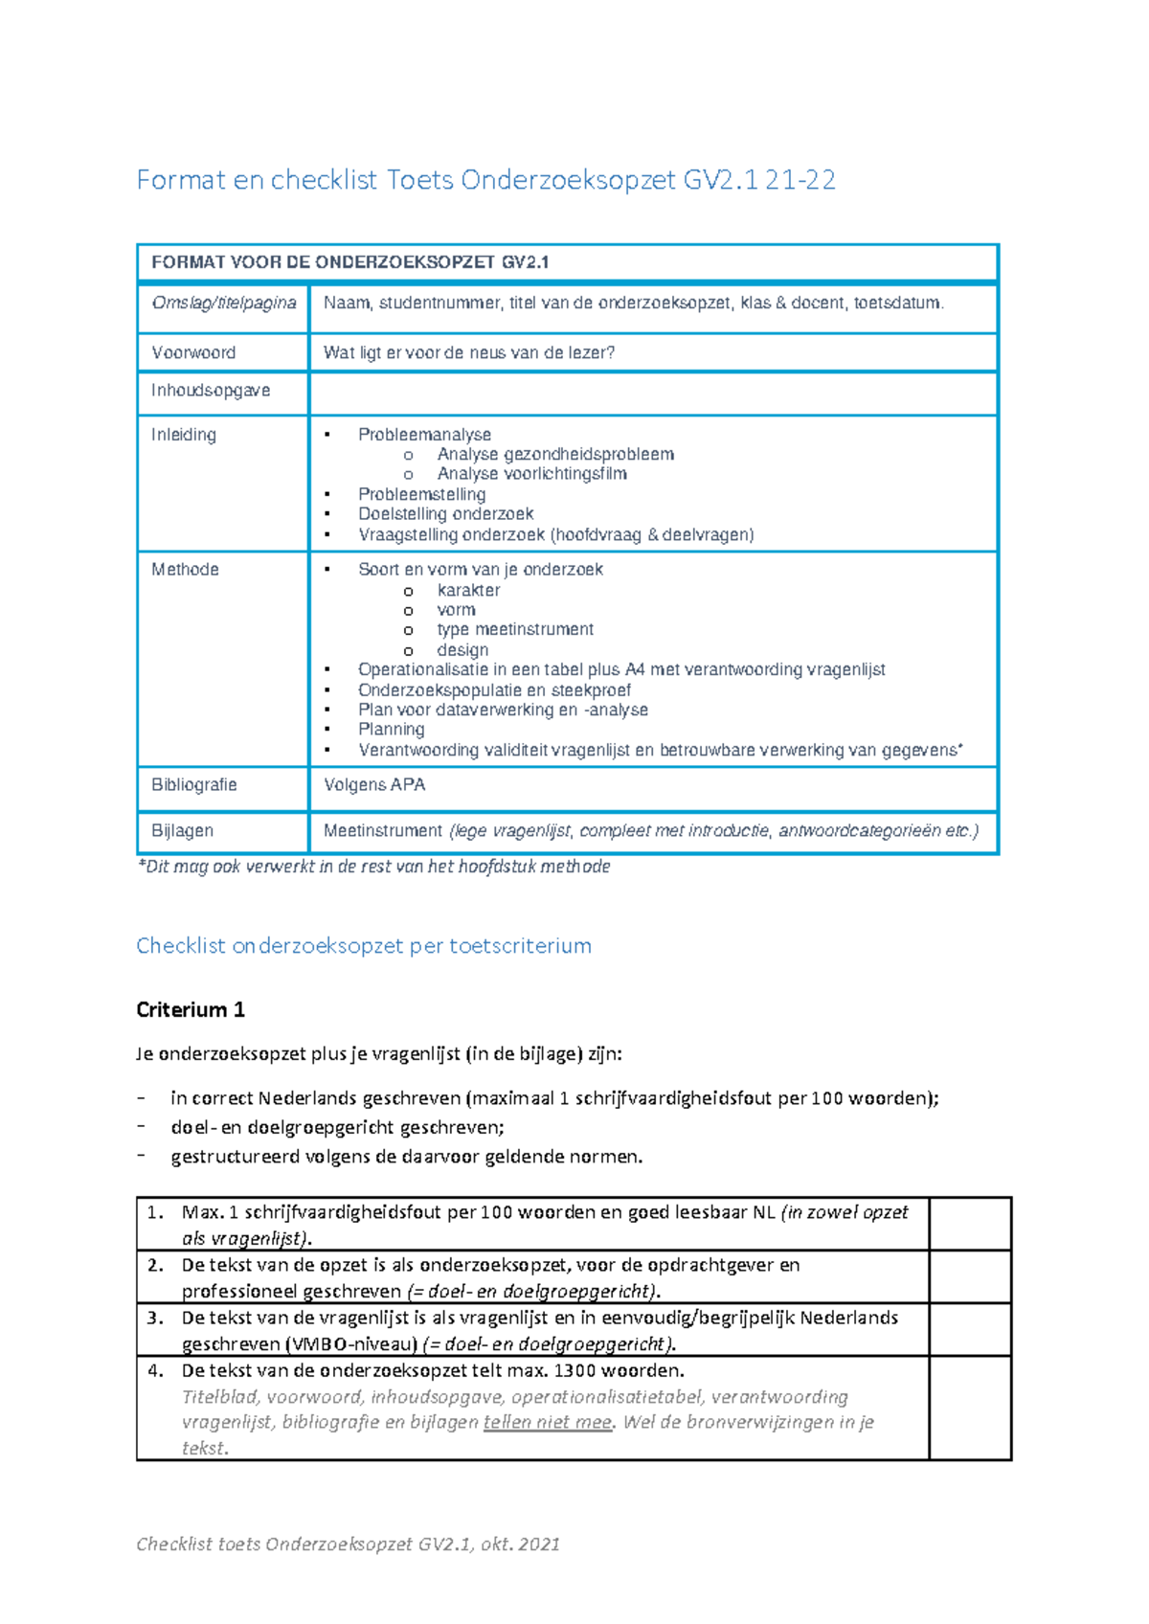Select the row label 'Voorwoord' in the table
(x=193, y=352)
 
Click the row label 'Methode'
(x=185, y=570)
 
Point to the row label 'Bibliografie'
(x=194, y=785)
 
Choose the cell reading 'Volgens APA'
(x=374, y=785)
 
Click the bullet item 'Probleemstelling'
(x=421, y=494)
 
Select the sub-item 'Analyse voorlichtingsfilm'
(x=531, y=474)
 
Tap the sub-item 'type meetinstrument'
(x=515, y=630)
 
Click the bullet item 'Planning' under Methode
(x=391, y=730)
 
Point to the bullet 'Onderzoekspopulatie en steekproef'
(x=494, y=690)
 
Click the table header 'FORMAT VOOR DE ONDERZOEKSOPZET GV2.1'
(x=350, y=262)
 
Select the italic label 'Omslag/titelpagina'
(x=224, y=304)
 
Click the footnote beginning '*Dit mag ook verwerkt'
(x=373, y=867)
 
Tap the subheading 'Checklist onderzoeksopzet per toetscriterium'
(x=364, y=946)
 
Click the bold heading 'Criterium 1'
(x=191, y=1009)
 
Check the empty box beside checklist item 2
(x=970, y=1277)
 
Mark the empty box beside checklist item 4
(x=970, y=1409)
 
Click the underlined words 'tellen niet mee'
(x=548, y=1423)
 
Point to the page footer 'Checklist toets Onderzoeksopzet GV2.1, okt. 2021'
(x=348, y=1544)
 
